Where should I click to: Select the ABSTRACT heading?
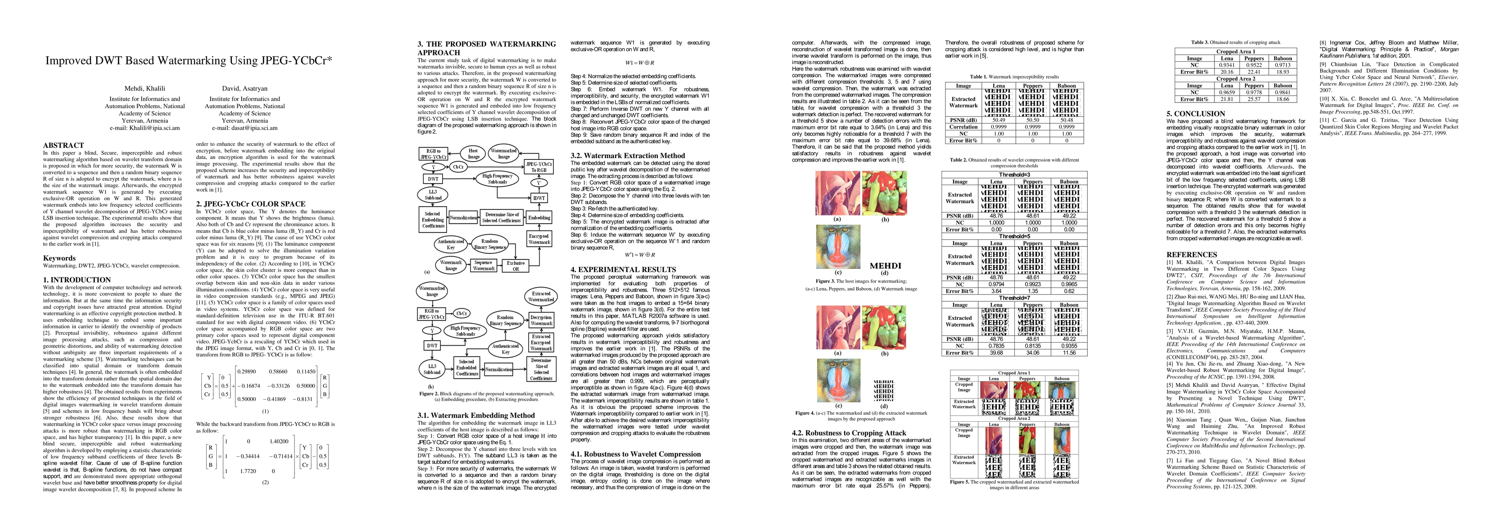point(64,145)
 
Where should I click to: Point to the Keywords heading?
point(59,258)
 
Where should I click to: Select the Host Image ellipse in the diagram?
point(474,154)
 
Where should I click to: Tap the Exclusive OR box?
point(515,266)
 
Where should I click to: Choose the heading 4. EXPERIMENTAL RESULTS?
point(623,270)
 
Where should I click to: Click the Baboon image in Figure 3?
point(837,247)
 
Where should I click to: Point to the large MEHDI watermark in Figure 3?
point(885,266)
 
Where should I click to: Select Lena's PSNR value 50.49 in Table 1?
point(998,120)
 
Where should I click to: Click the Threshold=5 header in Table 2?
point(1014,237)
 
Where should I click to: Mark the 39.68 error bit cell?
point(996,352)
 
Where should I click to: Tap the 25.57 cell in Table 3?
point(1254,99)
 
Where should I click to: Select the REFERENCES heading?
point(1191,255)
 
